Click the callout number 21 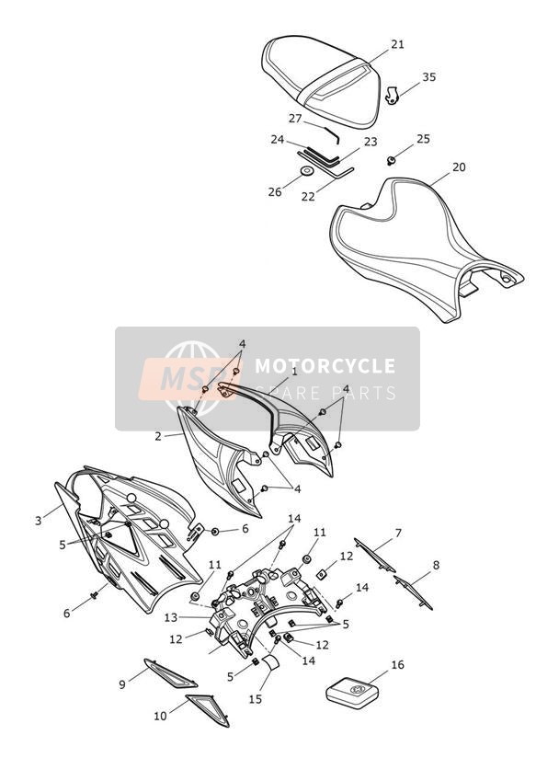click(x=397, y=44)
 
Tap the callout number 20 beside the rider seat click(x=459, y=167)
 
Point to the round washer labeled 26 click(x=306, y=171)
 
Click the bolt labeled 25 click(x=392, y=160)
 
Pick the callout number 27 click(x=295, y=119)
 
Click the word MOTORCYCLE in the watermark click(x=325, y=365)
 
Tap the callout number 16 click(x=397, y=665)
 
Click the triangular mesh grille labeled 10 click(x=208, y=709)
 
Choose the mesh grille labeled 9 click(x=170, y=673)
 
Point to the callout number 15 click(x=256, y=699)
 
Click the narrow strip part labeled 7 click(x=375, y=555)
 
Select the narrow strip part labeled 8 click(x=413, y=592)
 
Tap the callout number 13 click(x=171, y=617)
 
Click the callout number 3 click(x=39, y=521)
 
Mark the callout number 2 click(x=158, y=436)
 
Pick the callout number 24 click(x=278, y=140)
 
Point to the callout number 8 click(x=436, y=565)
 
